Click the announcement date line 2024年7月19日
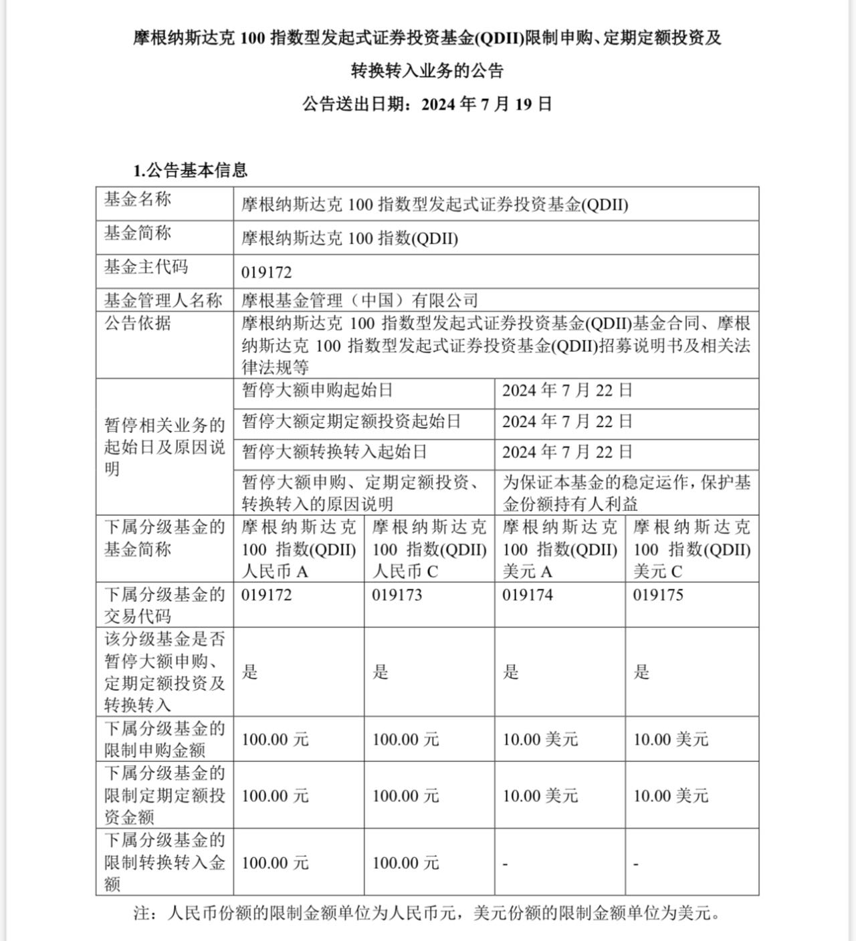point(427,104)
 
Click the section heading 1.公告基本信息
point(191,171)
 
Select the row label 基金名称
point(138,199)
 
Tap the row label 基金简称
point(138,233)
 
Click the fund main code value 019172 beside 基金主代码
point(267,272)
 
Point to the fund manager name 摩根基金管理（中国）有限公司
point(360,300)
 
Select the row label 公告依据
point(138,324)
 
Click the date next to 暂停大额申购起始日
point(567,391)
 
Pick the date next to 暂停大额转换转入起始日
point(567,452)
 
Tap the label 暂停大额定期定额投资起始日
point(352,421)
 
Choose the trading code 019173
point(397,595)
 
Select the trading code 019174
point(528,595)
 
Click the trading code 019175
point(658,595)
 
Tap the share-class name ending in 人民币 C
point(429,549)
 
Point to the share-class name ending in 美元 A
point(560,549)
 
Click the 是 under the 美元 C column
point(641,672)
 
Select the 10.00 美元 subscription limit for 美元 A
point(540,740)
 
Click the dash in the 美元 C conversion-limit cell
point(635,864)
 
